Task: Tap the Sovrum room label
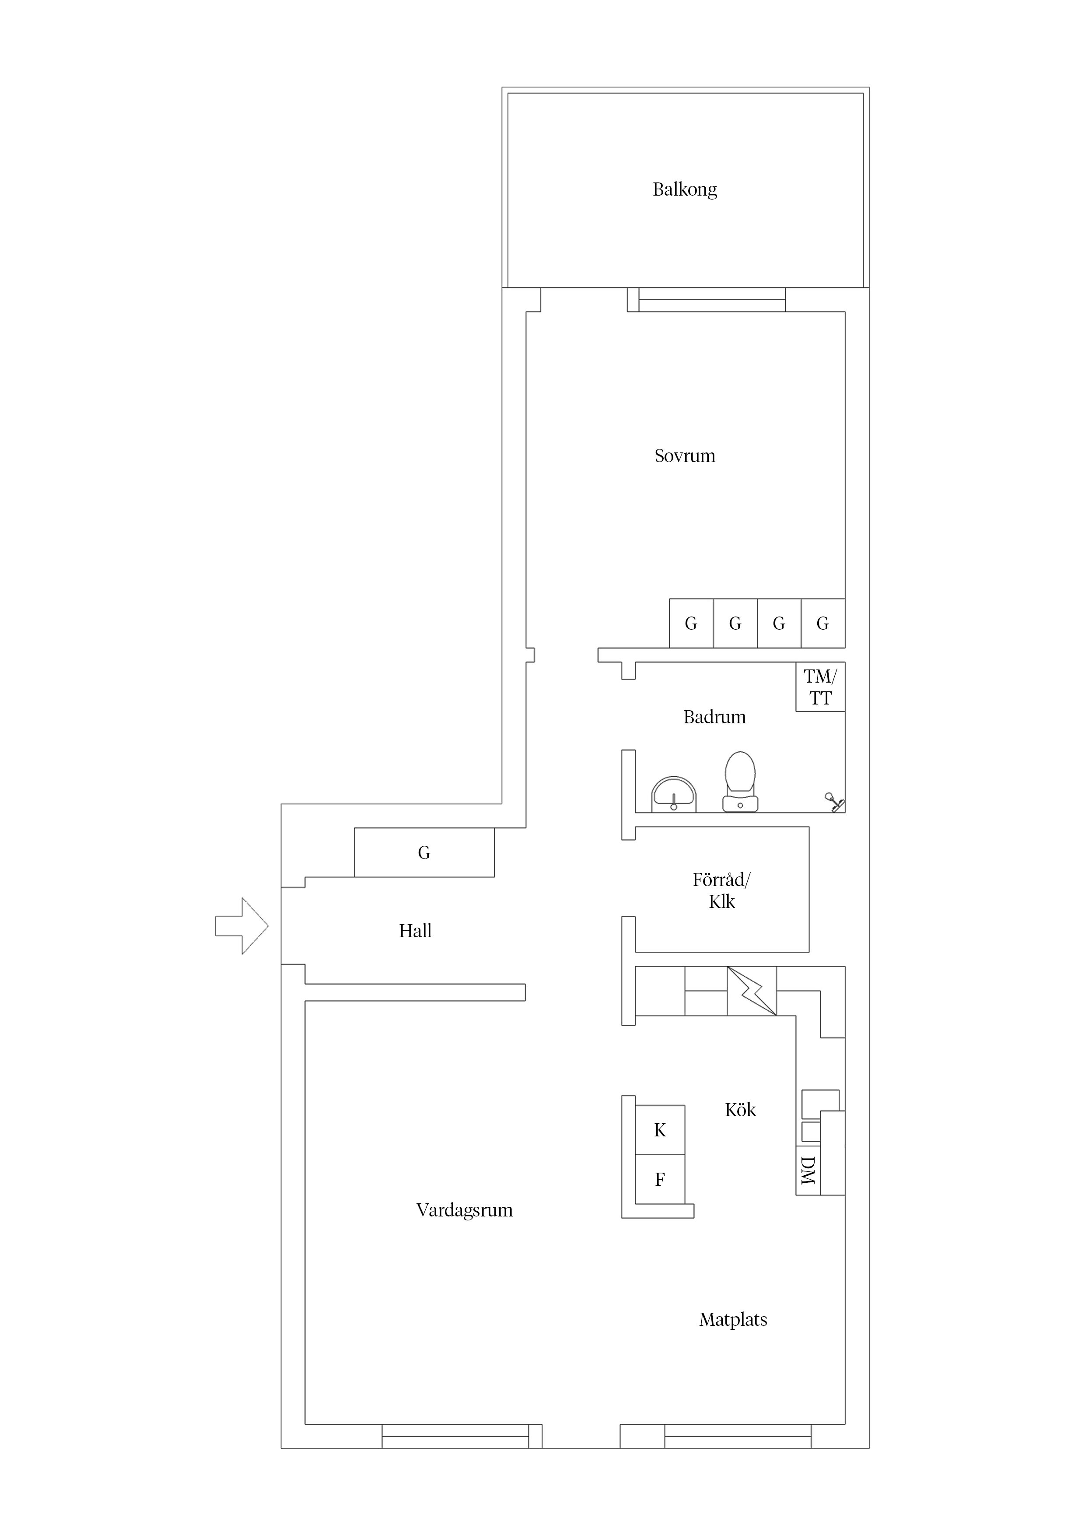click(x=685, y=456)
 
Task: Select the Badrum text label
click(x=714, y=717)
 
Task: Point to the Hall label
click(x=415, y=931)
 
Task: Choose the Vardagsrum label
click(x=465, y=1211)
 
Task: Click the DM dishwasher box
click(x=808, y=1171)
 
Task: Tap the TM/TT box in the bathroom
click(x=820, y=687)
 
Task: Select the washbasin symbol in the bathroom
click(x=674, y=794)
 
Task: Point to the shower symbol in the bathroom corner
click(x=834, y=802)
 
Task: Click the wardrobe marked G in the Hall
click(x=424, y=852)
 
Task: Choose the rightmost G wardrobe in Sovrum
click(x=823, y=623)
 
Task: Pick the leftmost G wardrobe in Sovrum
click(x=691, y=623)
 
